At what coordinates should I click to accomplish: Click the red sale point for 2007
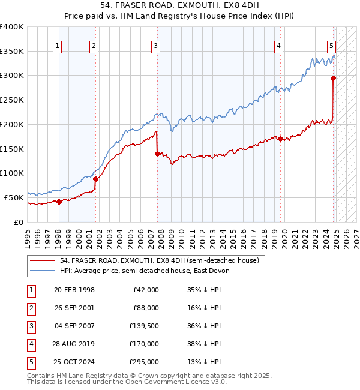point(157,154)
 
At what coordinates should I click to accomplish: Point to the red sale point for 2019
point(280,139)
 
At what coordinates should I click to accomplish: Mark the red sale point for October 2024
point(333,77)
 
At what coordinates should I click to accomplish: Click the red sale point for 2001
point(95,179)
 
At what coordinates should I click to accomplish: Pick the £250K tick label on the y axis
point(12,100)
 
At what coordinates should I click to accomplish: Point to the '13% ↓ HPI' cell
point(204,362)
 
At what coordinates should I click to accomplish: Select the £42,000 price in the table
point(144,290)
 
